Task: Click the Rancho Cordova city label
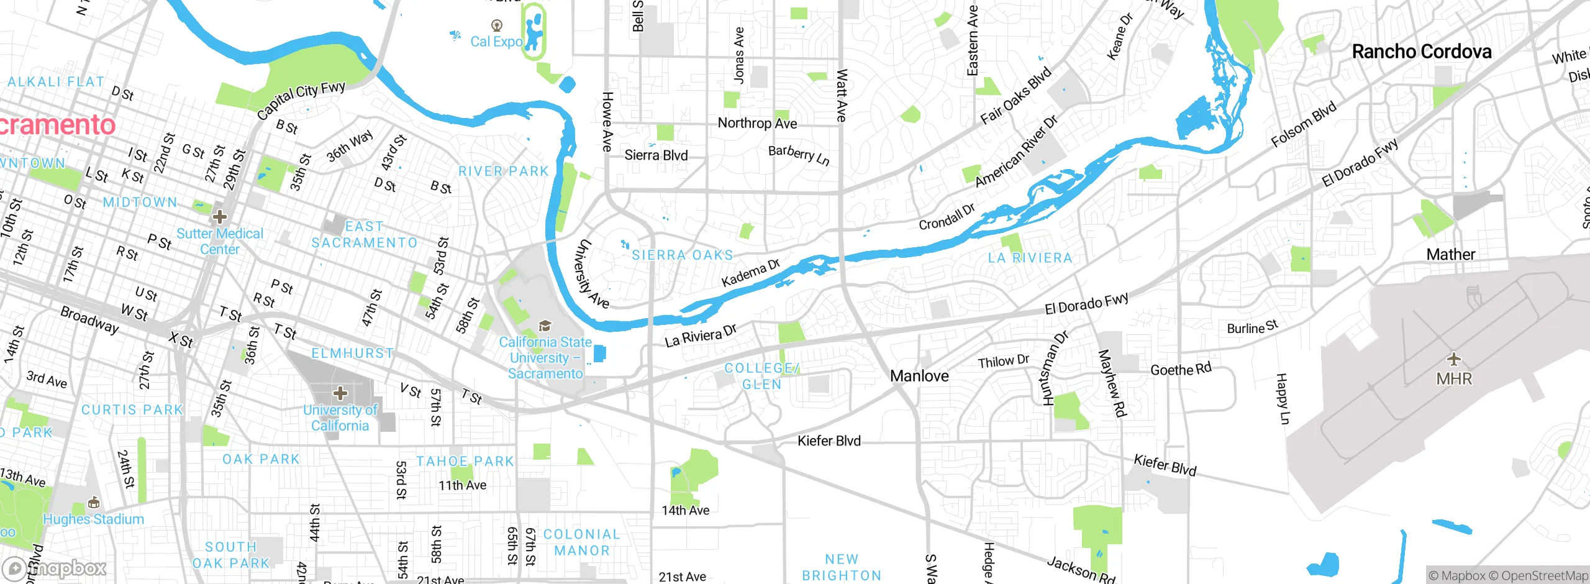click(x=1421, y=52)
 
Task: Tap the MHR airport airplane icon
click(x=1453, y=359)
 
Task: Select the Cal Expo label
click(x=496, y=42)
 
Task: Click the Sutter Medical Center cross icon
click(x=219, y=217)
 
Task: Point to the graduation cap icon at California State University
click(x=545, y=326)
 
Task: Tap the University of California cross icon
click(x=340, y=393)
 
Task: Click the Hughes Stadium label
click(x=93, y=519)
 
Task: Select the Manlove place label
click(x=919, y=376)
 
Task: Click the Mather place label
click(x=1450, y=254)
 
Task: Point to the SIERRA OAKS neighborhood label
click(x=682, y=255)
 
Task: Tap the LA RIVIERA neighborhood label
click(x=1030, y=258)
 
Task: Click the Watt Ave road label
click(x=842, y=94)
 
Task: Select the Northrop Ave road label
click(x=757, y=123)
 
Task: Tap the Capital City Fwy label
click(x=301, y=99)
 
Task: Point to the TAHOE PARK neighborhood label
click(x=465, y=462)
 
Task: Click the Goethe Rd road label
click(x=1181, y=370)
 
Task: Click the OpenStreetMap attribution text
click(x=1544, y=576)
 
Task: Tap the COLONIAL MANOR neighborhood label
click(x=581, y=542)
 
